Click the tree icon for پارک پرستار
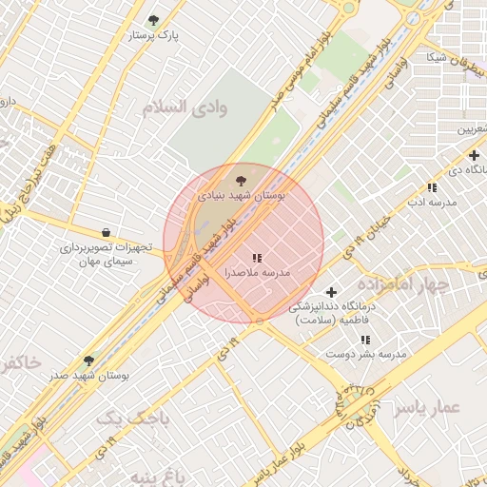154,20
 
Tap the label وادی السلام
185,107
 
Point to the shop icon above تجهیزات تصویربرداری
106,232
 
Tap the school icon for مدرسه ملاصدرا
257,258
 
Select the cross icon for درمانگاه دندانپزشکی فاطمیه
331,292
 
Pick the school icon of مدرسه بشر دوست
366,339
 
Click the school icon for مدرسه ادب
432,187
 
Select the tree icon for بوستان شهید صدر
88,360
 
